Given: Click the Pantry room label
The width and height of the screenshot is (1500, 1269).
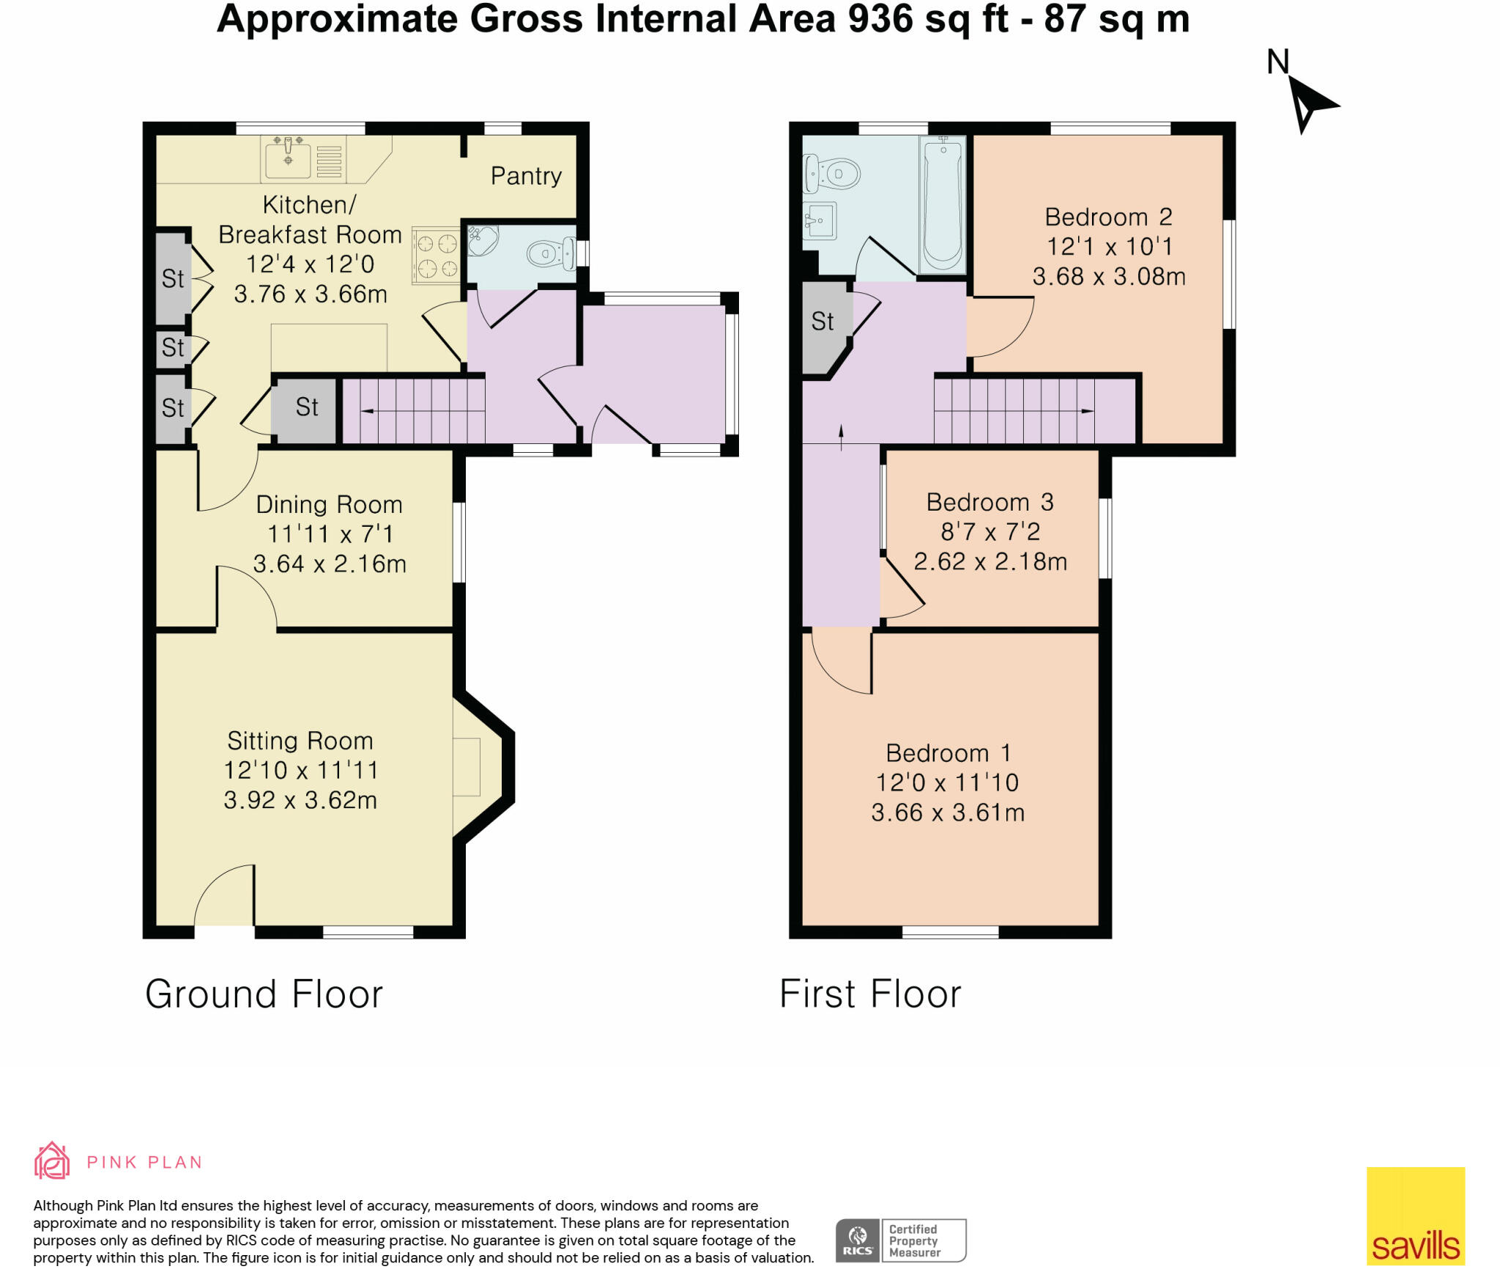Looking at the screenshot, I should point(526,176).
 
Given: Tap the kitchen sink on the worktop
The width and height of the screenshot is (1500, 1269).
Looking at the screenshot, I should point(288,158).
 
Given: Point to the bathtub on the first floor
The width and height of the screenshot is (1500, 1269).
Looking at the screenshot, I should point(943,204).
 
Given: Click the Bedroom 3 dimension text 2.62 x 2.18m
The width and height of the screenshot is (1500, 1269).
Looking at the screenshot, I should point(990,562).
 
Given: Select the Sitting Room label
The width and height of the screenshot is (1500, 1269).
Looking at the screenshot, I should point(300,741).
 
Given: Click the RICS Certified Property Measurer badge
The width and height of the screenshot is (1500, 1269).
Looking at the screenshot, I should point(901,1240).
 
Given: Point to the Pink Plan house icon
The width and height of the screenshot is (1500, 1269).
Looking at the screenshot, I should point(52,1161).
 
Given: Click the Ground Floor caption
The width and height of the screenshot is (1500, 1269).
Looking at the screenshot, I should point(264,994).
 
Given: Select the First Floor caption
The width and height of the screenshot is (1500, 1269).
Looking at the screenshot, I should point(869,994).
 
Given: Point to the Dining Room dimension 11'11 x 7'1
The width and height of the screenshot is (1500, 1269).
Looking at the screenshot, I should point(330,534).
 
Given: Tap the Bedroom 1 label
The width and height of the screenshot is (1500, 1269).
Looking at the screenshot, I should point(948,753).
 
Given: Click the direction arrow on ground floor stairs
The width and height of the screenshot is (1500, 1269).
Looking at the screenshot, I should point(367,411).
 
